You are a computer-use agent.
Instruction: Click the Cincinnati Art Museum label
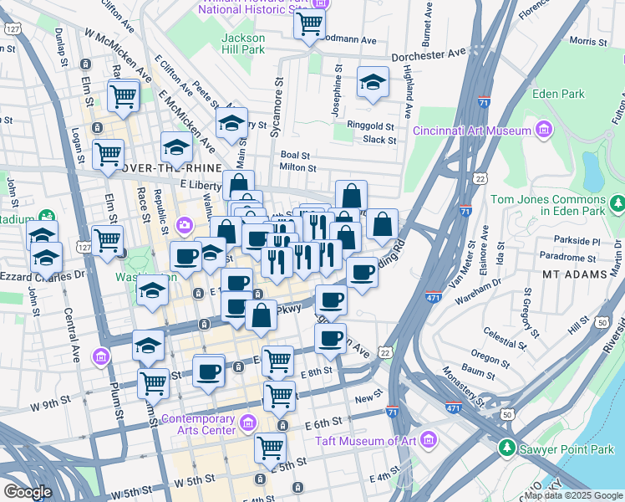(472, 130)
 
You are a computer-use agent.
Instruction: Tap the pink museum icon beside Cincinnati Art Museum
(544, 130)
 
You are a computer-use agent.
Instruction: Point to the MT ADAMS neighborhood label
(572, 274)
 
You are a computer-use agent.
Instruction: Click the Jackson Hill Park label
(243, 44)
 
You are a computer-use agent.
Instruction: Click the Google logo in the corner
(28, 492)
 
